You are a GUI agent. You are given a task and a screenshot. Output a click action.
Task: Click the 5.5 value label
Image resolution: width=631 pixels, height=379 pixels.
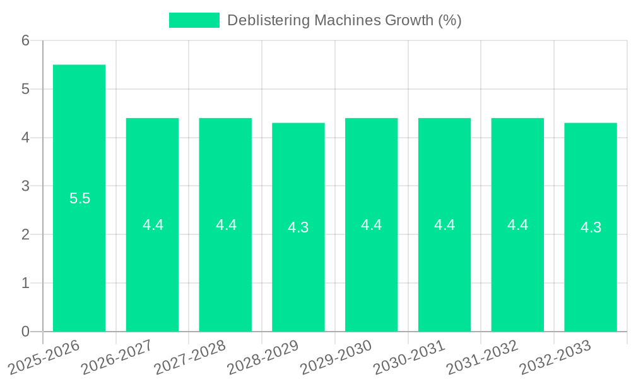click(80, 198)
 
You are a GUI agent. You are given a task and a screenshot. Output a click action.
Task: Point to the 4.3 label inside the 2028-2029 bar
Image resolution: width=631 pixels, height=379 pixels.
click(298, 227)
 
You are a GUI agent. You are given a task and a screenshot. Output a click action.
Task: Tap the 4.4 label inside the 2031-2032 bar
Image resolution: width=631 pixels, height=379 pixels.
click(517, 225)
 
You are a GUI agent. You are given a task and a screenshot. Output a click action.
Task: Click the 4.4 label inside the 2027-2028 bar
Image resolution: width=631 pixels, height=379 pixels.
click(226, 225)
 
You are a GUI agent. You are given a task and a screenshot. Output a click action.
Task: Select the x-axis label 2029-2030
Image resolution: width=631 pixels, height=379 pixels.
click(336, 358)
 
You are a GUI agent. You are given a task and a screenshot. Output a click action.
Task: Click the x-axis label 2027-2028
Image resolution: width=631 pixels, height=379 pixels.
click(190, 358)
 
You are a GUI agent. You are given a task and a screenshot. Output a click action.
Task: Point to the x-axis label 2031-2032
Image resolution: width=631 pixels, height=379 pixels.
click(482, 358)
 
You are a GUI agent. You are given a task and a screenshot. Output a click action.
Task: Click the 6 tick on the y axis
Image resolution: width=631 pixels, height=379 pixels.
click(26, 40)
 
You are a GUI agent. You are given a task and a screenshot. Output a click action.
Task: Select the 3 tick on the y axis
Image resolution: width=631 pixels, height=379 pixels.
click(26, 186)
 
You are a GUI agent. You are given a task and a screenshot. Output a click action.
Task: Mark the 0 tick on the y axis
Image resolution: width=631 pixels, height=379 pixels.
click(26, 332)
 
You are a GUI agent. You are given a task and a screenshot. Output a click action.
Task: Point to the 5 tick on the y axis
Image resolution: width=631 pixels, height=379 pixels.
click(26, 89)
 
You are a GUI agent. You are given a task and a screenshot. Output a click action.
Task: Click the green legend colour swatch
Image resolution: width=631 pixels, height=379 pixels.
click(194, 20)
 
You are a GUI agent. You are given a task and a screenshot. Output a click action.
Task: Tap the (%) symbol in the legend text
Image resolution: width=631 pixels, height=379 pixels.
click(450, 20)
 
